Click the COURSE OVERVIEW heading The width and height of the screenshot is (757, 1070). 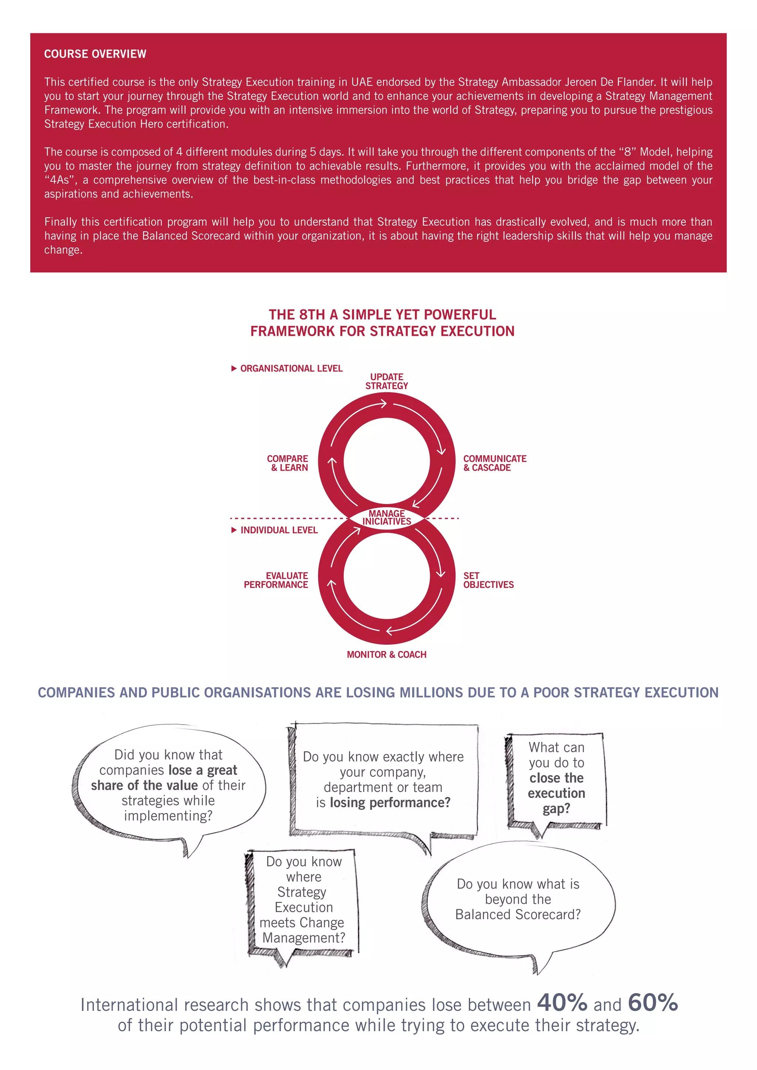pos(95,54)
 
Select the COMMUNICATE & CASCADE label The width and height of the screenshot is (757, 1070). pos(495,463)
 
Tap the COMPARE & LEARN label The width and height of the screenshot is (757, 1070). pos(288,463)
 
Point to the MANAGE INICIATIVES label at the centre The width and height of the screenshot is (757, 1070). pos(387,517)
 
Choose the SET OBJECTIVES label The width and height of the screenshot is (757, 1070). pos(488,580)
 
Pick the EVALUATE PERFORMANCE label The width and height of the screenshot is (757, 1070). pos(276,580)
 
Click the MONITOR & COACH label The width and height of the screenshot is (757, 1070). pos(386,655)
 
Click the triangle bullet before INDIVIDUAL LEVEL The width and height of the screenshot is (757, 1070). pos(234,530)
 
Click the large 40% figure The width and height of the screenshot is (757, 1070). pos(562,1002)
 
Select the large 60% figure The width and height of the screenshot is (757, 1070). pos(653,1002)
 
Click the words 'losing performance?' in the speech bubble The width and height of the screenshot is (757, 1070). pos(390,802)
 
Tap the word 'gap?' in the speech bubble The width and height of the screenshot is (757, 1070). pos(556,808)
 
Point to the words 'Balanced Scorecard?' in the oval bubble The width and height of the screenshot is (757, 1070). pos(518,915)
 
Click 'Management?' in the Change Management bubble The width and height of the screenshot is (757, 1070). pos(304,938)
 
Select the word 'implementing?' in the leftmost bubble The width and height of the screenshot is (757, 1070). pos(168,815)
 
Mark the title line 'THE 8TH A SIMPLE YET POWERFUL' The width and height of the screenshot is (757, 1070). pos(382,314)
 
